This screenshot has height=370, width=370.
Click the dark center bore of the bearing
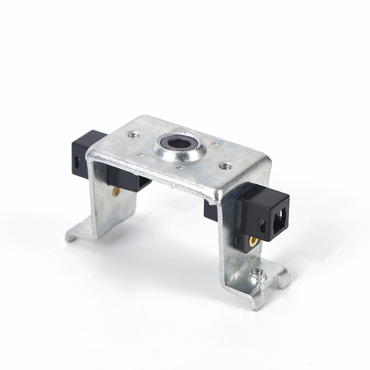[179, 143]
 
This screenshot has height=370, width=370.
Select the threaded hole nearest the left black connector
[134, 135]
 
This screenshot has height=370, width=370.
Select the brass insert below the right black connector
[253, 241]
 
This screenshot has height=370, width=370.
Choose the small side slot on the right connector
[262, 226]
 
